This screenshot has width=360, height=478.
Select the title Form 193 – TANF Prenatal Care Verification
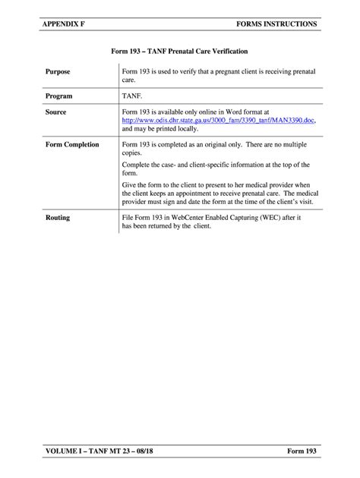[x=179, y=52]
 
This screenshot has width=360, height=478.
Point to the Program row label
[x=58, y=97]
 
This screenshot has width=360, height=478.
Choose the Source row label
[x=55, y=112]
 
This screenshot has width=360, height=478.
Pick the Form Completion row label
[x=72, y=144]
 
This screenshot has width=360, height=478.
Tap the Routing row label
[x=57, y=218]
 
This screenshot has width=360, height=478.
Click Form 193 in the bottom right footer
[x=302, y=453]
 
